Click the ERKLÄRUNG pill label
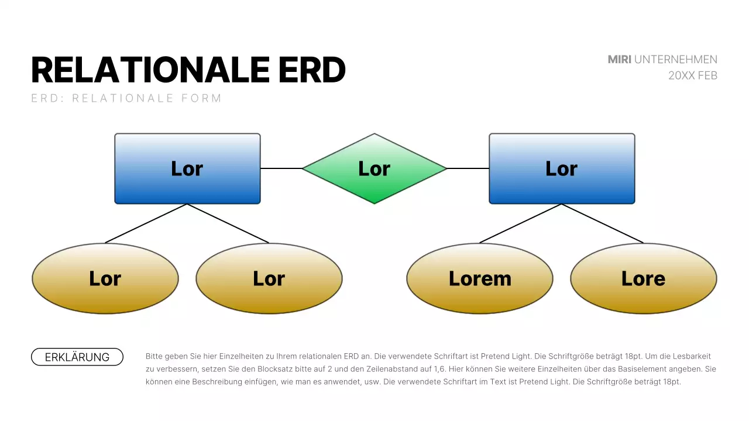click(x=77, y=357)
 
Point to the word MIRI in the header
click(x=619, y=59)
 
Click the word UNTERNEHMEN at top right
click(x=676, y=59)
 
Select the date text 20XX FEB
click(x=693, y=75)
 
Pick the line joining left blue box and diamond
click(x=281, y=168)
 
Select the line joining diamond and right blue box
click(x=468, y=168)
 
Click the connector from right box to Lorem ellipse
click(x=521, y=223)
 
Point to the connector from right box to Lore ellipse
click(x=603, y=223)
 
